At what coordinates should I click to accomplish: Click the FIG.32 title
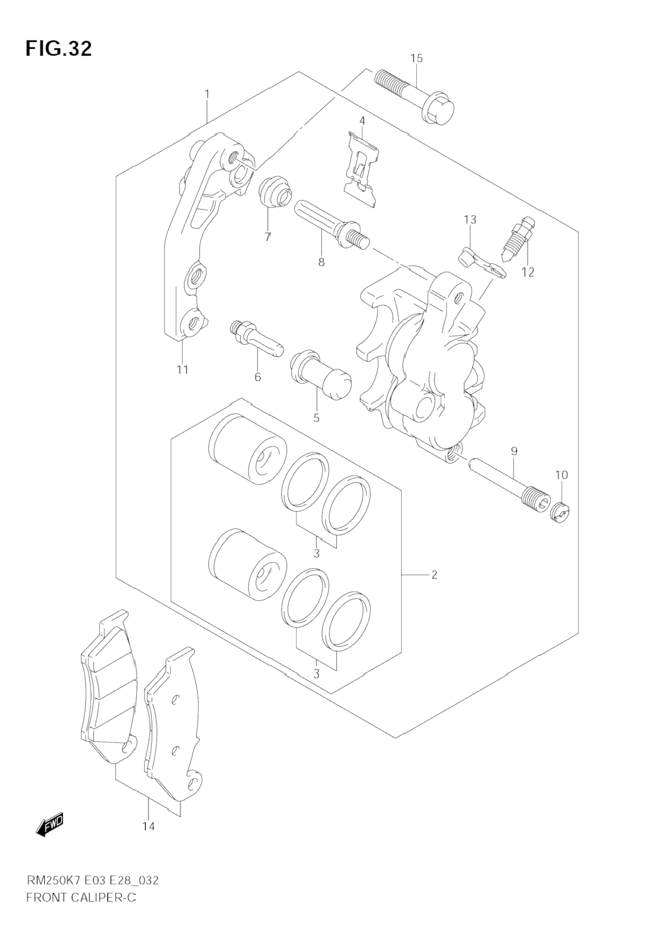pyautogui.click(x=58, y=49)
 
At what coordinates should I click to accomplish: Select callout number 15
pyautogui.click(x=416, y=58)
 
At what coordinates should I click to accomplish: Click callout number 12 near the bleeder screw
pyautogui.click(x=527, y=272)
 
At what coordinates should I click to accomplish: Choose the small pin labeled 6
pyautogui.click(x=256, y=340)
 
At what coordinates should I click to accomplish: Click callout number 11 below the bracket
pyautogui.click(x=182, y=370)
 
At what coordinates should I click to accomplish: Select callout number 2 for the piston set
pyautogui.click(x=434, y=574)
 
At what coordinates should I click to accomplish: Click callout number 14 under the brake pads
pyautogui.click(x=149, y=827)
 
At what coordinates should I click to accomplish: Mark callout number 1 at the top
pyautogui.click(x=207, y=94)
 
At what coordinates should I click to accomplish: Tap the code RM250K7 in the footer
pyautogui.click(x=49, y=881)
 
